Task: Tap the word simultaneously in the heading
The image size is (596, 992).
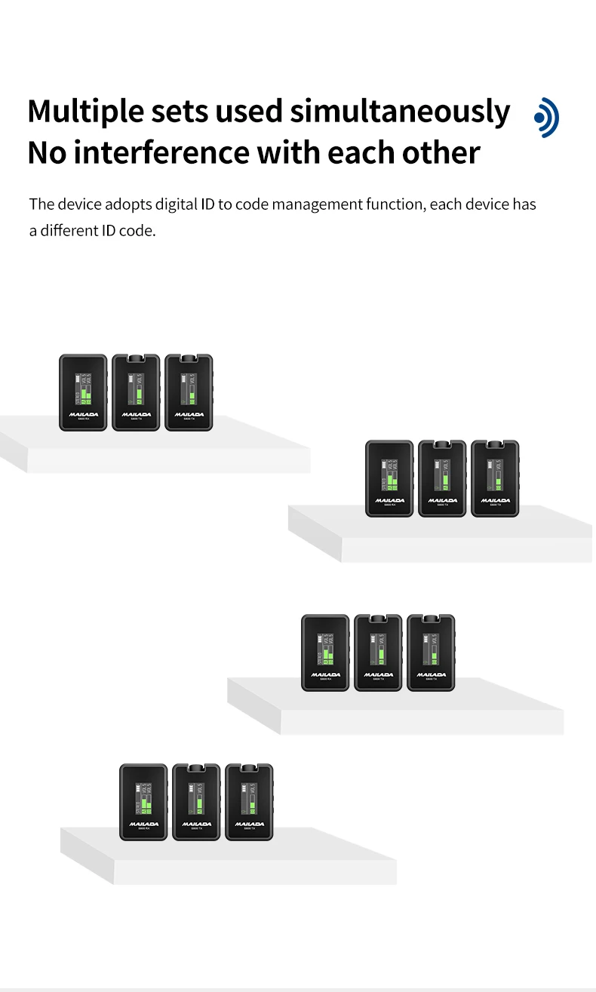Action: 400,112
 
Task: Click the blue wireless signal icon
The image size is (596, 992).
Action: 546,117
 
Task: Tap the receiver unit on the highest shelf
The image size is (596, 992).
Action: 83,392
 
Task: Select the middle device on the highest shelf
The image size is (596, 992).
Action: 136,392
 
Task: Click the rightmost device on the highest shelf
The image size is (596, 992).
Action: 189,392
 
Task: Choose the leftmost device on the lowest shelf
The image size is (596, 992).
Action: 143,802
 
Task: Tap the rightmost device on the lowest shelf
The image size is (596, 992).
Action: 249,802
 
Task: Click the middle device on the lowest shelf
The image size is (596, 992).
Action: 196,802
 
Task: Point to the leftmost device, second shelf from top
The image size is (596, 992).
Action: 389,479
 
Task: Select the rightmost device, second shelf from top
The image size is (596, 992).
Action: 495,479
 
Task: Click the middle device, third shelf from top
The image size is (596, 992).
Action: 378,653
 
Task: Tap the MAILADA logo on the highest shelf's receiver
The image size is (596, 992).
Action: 83,413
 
